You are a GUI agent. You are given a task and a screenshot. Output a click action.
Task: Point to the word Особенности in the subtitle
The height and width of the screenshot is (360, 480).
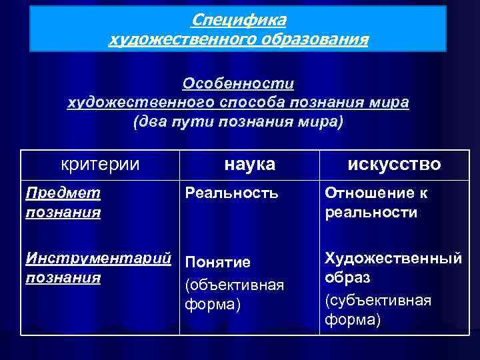tap(238, 85)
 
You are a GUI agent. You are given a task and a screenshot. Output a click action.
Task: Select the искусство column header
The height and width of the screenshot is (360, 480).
tap(393, 164)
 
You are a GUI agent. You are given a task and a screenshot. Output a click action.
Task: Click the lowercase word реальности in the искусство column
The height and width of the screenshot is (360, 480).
tap(371, 213)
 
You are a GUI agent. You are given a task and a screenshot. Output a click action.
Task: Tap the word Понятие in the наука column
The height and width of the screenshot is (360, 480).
tap(217, 261)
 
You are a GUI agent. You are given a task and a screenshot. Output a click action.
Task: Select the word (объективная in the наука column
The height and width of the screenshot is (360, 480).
tap(234, 285)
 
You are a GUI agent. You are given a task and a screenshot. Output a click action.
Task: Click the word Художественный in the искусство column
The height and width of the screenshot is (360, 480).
tap(392, 258)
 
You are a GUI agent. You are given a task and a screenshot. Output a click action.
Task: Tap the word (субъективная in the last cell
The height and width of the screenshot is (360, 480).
tap(378, 300)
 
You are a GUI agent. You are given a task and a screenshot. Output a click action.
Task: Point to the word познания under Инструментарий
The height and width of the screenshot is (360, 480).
tap(63, 277)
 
